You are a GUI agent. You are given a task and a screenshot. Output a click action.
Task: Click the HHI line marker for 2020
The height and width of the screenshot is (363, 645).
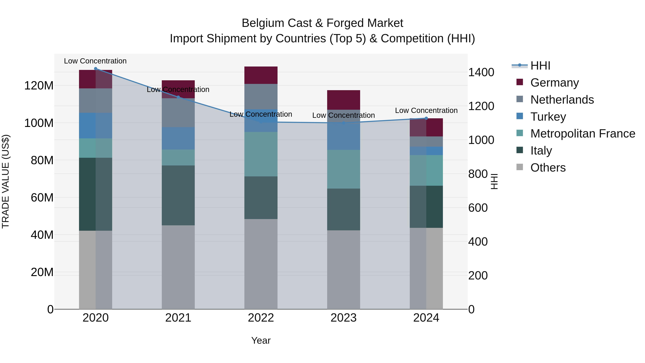[x=95, y=68]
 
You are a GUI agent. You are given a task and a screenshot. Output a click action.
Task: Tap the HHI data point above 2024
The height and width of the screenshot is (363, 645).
[x=426, y=118]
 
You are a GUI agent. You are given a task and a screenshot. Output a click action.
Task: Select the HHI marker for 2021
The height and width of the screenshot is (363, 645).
[x=178, y=97]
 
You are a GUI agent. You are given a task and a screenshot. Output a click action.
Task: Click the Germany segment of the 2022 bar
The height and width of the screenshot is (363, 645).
[x=261, y=75]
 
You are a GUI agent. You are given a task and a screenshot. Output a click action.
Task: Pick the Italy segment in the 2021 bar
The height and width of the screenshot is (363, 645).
[x=178, y=195]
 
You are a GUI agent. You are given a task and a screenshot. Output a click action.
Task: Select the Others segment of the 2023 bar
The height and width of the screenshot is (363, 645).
[x=343, y=270]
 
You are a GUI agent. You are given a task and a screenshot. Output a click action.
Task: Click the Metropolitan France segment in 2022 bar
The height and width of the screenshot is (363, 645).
[x=261, y=154]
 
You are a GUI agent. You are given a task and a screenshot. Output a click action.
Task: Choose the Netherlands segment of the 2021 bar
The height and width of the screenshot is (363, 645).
[x=178, y=113]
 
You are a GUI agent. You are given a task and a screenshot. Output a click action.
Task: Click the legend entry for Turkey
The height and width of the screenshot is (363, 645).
[x=548, y=117]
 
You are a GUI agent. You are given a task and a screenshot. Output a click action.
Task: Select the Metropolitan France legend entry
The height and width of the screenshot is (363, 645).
[x=582, y=134]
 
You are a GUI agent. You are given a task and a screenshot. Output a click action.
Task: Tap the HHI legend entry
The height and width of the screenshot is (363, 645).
[x=540, y=66]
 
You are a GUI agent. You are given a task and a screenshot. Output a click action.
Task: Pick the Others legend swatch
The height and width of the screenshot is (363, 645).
[x=520, y=167]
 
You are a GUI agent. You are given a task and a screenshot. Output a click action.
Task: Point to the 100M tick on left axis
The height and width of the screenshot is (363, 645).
[x=39, y=123]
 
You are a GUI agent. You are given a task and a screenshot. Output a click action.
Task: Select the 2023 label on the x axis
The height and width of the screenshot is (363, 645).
[x=343, y=318]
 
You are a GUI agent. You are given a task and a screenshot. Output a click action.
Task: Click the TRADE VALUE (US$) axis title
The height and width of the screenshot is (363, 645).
[x=6, y=181]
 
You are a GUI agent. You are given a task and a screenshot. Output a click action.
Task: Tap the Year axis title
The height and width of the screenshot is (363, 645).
[x=261, y=340]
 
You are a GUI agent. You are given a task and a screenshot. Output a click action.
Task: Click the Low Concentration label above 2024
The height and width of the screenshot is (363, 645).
[x=426, y=110]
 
